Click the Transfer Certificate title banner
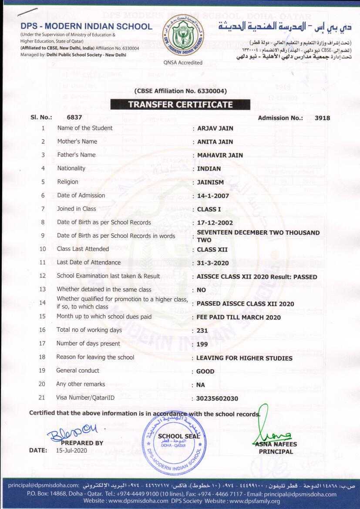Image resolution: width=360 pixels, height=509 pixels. click(180, 104)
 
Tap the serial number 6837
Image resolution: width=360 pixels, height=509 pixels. click(74, 118)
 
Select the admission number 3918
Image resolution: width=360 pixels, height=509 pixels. click(322, 118)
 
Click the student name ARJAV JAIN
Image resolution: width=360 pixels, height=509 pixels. click(215, 128)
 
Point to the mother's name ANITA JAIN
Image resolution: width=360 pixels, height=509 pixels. click(215, 142)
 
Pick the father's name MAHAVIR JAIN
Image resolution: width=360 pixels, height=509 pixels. click(220, 155)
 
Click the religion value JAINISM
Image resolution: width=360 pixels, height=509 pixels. click(212, 182)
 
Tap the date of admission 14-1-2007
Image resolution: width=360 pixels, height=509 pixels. click(213, 196)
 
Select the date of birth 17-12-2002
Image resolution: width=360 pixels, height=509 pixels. click(215, 223)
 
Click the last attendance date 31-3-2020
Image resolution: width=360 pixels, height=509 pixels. click(213, 263)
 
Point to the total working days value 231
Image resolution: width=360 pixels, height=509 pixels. click(202, 331)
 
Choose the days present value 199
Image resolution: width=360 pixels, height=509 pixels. click(202, 344)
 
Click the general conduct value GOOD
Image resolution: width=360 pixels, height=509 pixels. click(205, 371)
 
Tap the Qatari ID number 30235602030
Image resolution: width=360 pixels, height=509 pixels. click(217, 399)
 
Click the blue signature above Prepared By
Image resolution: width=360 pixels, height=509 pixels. click(73, 433)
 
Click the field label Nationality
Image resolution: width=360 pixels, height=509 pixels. click(71, 169)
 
